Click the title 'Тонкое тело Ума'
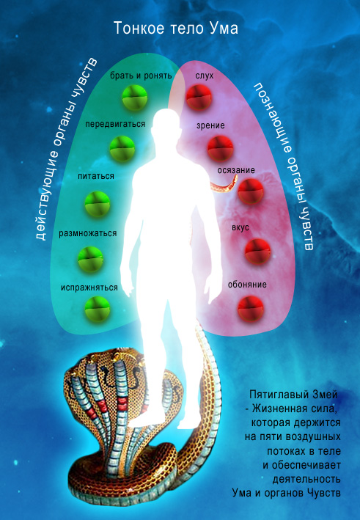(176, 28)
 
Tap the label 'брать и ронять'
(141, 76)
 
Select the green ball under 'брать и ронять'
(135, 98)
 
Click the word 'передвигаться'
(115, 124)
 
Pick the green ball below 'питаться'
(97, 204)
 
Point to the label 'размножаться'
(88, 233)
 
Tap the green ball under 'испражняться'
(97, 309)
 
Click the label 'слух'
(205, 76)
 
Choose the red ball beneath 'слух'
(199, 97)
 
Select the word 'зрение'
(210, 125)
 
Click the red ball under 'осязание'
(251, 191)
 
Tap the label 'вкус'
(240, 228)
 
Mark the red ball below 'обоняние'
(251, 309)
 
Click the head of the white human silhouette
(167, 121)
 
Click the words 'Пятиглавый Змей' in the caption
(293, 395)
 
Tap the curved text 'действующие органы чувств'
(67, 149)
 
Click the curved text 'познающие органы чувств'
(284, 166)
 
